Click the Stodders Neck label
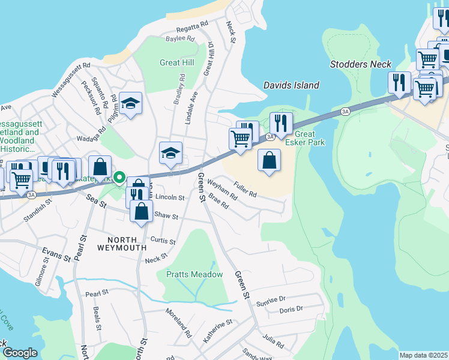[x=360, y=64]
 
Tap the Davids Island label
[x=291, y=85]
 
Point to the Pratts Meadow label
[x=194, y=274]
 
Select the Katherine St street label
[x=217, y=332]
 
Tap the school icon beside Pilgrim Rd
[x=130, y=104]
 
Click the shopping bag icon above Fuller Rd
[x=270, y=161]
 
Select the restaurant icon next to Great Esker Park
[x=281, y=124]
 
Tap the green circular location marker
[x=119, y=178]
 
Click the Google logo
[x=20, y=353]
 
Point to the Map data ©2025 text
[x=423, y=355]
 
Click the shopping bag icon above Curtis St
[x=141, y=212]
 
